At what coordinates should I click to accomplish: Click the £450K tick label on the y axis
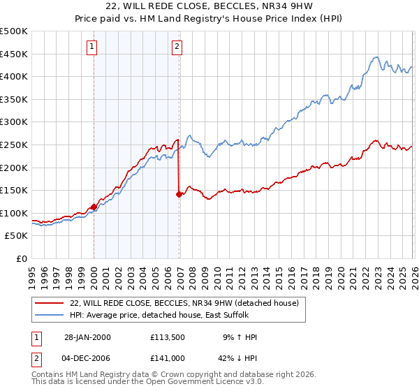pos(14,54)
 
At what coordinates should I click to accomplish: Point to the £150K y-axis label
pos(14,190)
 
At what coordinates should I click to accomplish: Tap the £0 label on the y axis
pos(22,258)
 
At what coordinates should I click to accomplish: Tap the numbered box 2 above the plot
pos(177,47)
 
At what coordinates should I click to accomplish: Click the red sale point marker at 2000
pos(94,207)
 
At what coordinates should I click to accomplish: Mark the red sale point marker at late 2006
pos(179,194)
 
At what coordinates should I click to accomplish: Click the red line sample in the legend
pos(50,303)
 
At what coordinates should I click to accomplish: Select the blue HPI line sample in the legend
pos(50,315)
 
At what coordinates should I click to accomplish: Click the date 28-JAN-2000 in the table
pos(87,337)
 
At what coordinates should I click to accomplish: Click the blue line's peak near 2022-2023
pos(376,57)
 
